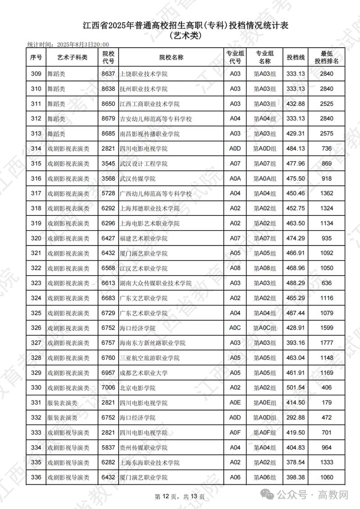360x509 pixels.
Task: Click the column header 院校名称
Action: click(x=171, y=57)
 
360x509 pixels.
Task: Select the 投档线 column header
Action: click(x=296, y=57)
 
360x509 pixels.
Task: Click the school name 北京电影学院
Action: click(x=137, y=388)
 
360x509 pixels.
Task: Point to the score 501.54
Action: click(x=296, y=388)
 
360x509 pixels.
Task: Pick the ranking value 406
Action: click(x=327, y=388)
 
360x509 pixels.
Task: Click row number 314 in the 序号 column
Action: click(x=36, y=148)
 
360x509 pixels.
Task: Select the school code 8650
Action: click(x=108, y=104)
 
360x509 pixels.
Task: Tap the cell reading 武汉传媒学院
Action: click(x=137, y=179)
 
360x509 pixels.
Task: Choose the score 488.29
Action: click(x=296, y=283)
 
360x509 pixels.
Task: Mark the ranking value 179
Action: click(x=327, y=402)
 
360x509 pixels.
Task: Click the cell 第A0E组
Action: click(x=265, y=402)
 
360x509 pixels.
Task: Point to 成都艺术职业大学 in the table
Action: click(x=144, y=373)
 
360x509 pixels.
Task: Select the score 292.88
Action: click(x=296, y=417)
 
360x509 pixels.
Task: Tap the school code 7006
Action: click(x=108, y=388)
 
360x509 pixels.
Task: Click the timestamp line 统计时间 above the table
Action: click(x=68, y=45)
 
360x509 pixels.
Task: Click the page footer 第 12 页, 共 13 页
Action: click(x=180, y=496)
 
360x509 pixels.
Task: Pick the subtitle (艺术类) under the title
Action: click(x=185, y=35)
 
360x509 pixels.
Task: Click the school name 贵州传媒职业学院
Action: click(x=144, y=447)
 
